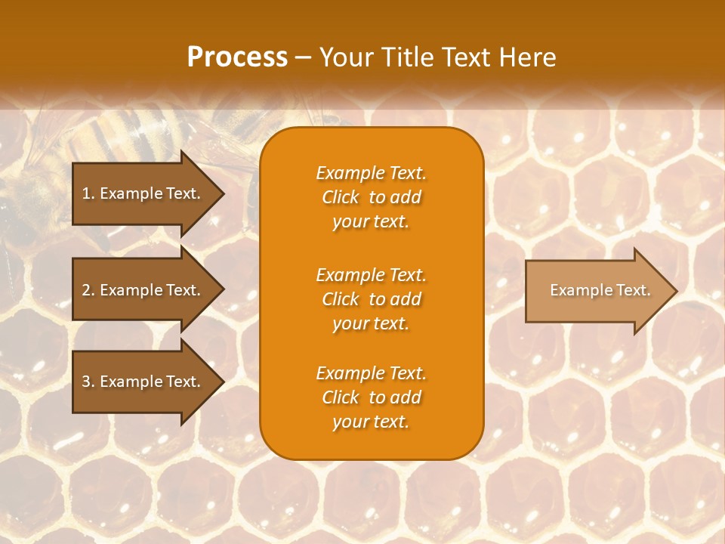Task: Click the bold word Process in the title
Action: click(x=237, y=57)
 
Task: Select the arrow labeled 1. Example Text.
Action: click(x=143, y=193)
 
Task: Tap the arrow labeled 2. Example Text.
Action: click(x=143, y=290)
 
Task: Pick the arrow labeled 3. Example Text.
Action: click(x=143, y=382)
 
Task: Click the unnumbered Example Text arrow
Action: click(x=600, y=290)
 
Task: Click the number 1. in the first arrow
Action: click(x=88, y=193)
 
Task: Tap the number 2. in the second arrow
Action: click(x=88, y=290)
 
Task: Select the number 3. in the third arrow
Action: click(x=88, y=382)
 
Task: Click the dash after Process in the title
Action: click(x=303, y=58)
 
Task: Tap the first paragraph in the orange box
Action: click(x=372, y=197)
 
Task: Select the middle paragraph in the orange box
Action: click(x=372, y=299)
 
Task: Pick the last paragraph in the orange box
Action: click(x=372, y=397)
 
